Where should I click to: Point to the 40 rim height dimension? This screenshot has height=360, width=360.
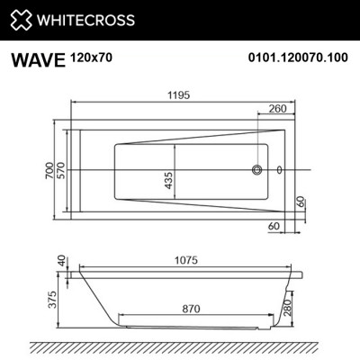tap(61, 261)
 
